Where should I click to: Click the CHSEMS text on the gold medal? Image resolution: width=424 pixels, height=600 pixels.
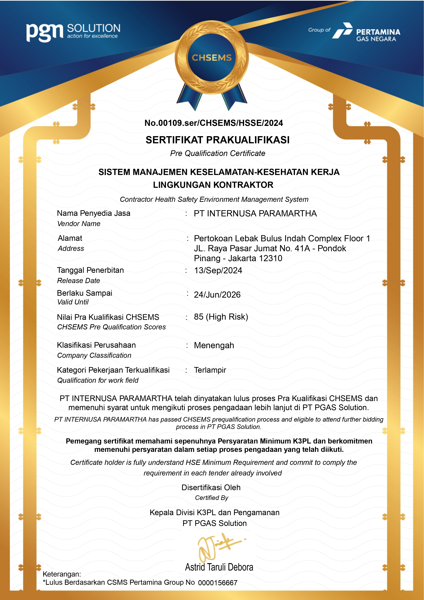click(212, 58)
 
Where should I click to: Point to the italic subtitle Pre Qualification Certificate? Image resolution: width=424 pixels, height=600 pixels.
click(218, 153)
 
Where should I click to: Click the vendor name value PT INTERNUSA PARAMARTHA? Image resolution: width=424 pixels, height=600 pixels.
click(255, 213)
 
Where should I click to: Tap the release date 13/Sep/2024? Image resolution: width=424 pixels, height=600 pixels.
click(218, 270)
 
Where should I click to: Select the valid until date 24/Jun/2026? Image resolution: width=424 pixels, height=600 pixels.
click(217, 295)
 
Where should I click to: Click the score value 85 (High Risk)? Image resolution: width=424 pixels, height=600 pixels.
click(221, 317)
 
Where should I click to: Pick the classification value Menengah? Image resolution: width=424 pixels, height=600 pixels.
click(214, 345)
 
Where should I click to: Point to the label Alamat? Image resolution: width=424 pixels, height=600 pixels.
click(70, 238)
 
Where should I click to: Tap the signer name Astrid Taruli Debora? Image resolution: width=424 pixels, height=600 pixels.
click(219, 567)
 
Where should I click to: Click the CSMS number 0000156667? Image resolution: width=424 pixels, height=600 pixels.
click(218, 583)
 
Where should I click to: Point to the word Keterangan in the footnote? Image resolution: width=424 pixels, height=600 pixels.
click(62, 574)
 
